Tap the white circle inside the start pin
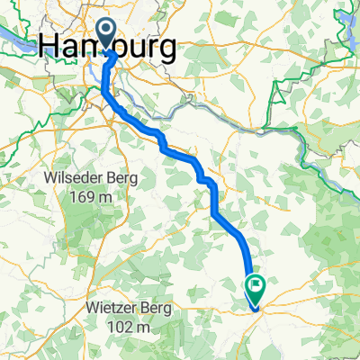tap(106, 32)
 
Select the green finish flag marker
tap(256, 290)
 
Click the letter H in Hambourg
tap(53, 48)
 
